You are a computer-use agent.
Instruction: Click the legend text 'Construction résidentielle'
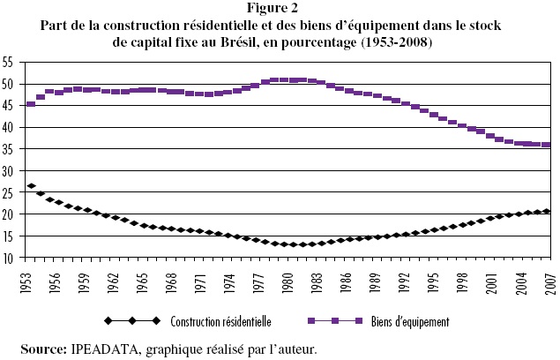click(221, 322)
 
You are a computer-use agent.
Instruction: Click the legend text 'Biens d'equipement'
click(411, 322)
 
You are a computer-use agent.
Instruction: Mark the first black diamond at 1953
click(32, 186)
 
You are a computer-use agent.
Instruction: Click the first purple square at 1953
click(32, 104)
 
